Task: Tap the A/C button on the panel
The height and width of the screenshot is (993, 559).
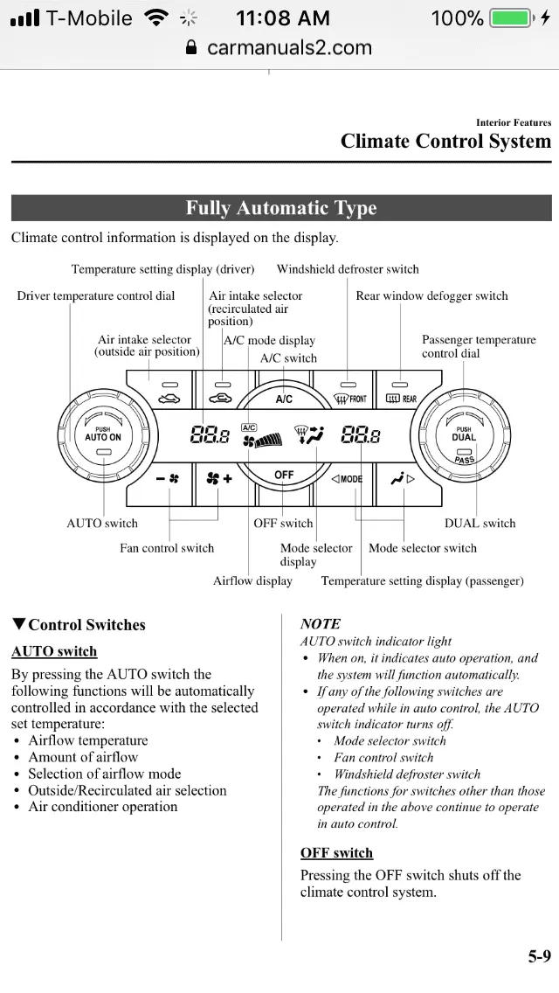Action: (x=284, y=399)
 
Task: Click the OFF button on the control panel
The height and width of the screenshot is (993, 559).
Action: (x=284, y=475)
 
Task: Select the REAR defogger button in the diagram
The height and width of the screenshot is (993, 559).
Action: (x=402, y=393)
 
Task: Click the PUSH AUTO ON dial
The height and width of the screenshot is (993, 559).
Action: (x=103, y=435)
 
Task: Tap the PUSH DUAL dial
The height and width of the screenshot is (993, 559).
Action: (x=464, y=435)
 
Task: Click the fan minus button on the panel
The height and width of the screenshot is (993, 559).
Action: (x=168, y=479)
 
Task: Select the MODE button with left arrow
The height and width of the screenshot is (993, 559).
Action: (x=348, y=479)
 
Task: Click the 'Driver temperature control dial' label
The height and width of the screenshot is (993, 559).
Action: (x=96, y=295)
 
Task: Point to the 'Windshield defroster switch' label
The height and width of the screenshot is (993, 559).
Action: (x=348, y=269)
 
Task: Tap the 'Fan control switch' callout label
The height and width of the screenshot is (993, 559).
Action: (x=167, y=548)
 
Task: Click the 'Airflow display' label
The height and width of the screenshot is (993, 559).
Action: (x=252, y=580)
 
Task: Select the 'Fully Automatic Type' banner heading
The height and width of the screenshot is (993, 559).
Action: (x=280, y=208)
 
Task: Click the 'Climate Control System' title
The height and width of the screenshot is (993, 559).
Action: (x=445, y=142)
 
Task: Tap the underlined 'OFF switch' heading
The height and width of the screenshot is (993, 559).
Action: (x=336, y=852)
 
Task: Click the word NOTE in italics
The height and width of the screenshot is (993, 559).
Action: (x=320, y=623)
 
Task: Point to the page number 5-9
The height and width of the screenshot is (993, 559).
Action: (x=539, y=956)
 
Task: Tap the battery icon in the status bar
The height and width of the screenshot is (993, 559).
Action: (x=511, y=17)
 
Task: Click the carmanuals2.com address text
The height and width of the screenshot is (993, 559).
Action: (x=289, y=47)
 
